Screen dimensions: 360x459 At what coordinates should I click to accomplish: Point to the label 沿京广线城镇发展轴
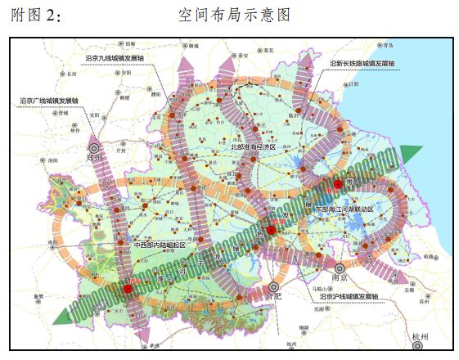(50, 101)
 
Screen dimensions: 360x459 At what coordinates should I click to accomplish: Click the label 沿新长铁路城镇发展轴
(362, 63)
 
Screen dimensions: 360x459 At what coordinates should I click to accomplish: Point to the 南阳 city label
(52, 243)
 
